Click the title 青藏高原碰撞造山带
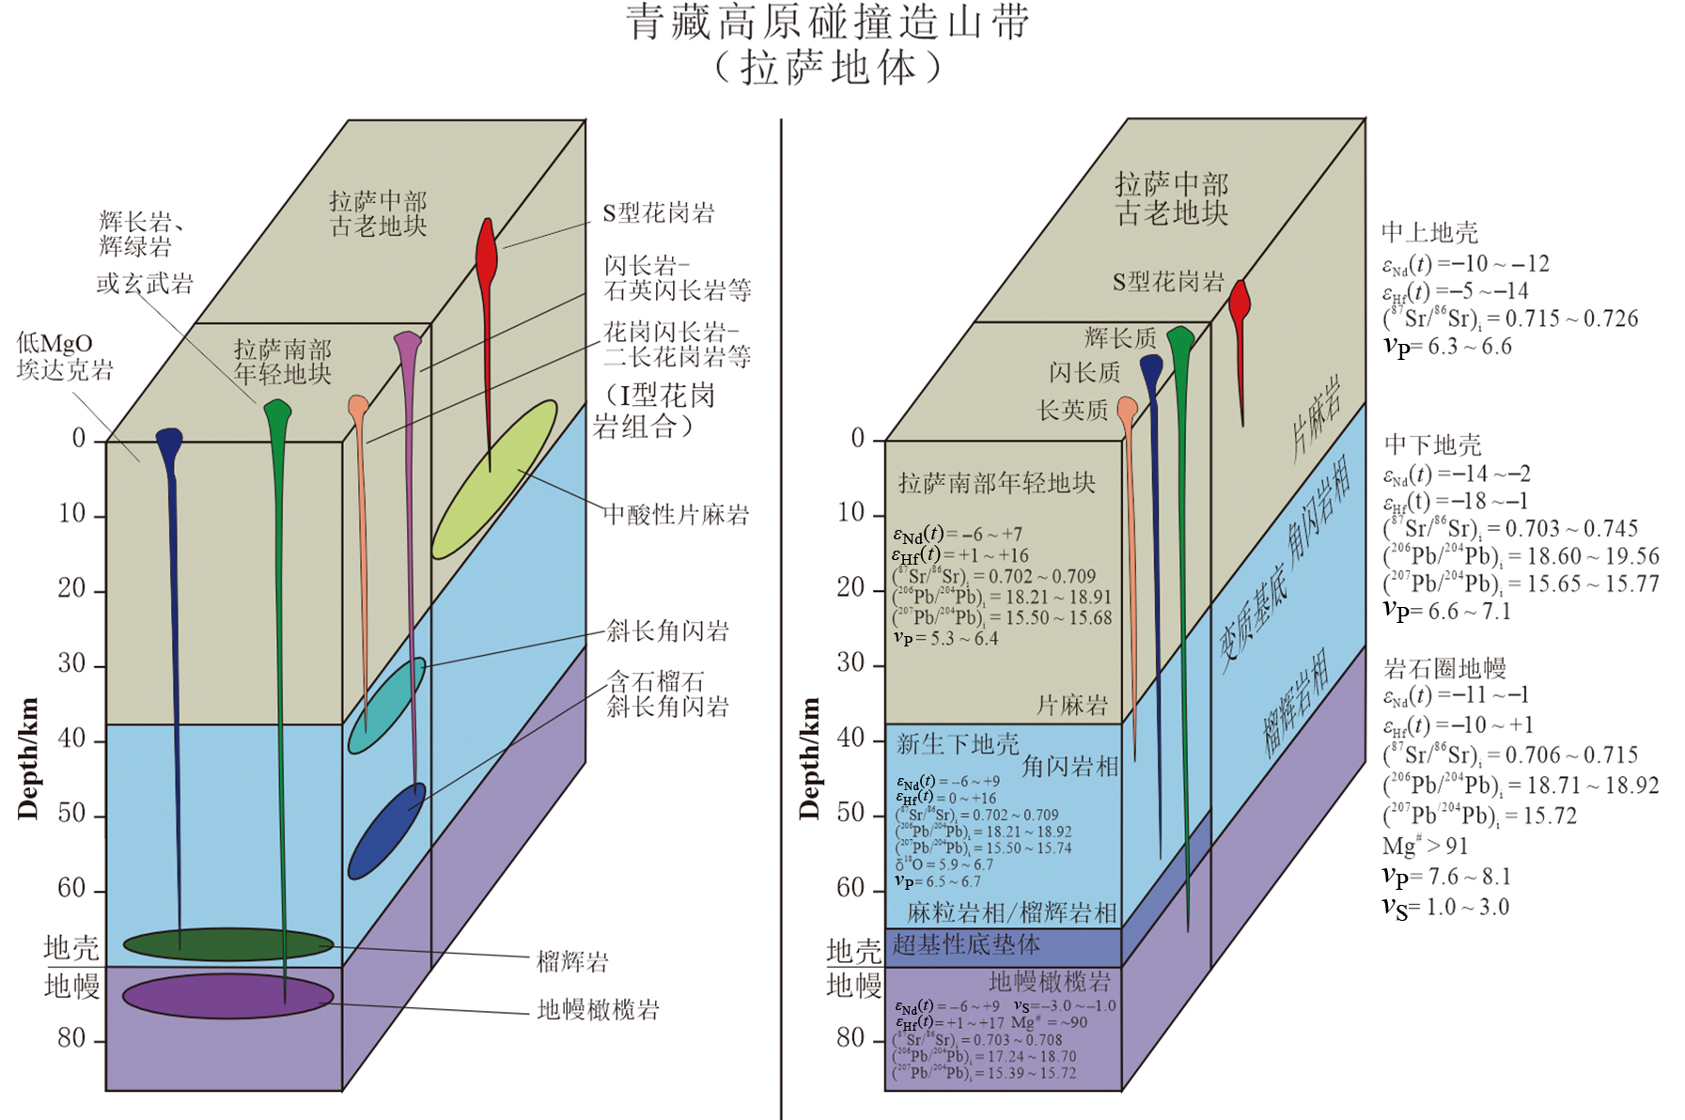coord(828,23)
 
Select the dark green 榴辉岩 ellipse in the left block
coord(227,943)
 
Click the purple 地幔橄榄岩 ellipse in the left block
coord(227,996)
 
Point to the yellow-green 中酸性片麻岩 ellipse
coord(494,478)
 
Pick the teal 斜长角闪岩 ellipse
coord(386,705)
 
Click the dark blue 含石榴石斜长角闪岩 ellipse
coord(386,831)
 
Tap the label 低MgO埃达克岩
coord(64,356)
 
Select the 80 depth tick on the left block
coord(71,1038)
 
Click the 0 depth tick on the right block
coord(857,438)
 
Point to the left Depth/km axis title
coord(28,758)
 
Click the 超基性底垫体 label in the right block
coord(966,944)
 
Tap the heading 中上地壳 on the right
coord(1429,232)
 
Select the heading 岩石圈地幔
coord(1444,668)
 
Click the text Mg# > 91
coord(1425,846)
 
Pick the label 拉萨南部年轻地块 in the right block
coord(996,483)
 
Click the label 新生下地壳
coord(957,744)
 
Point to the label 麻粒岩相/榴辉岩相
coord(1011,911)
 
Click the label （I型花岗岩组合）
coord(655,411)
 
